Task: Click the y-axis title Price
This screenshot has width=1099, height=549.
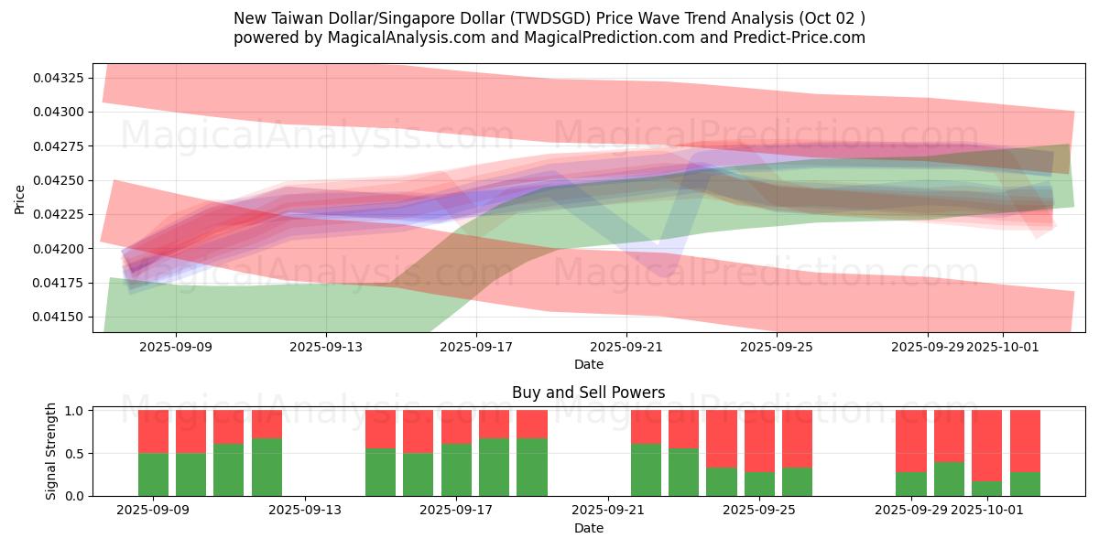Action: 20,199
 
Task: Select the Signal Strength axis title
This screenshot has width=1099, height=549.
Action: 51,451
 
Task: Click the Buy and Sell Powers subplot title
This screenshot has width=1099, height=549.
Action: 588,393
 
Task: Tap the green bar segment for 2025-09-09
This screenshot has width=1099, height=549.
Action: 153,474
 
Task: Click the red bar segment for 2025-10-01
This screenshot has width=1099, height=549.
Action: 987,446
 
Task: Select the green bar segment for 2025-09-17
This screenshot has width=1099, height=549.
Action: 456,469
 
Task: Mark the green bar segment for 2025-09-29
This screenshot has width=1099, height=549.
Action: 910,484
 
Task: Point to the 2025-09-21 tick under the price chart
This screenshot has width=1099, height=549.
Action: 626,347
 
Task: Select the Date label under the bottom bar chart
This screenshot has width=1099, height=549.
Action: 588,528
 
